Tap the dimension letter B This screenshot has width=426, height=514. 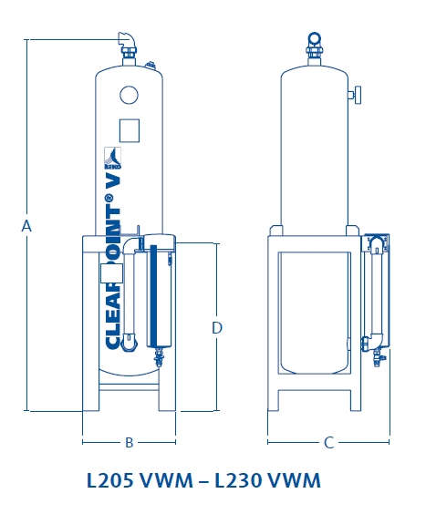tap(130, 443)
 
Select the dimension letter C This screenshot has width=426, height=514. tap(328, 443)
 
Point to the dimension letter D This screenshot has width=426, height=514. tap(217, 327)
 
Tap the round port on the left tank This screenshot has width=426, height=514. tap(129, 94)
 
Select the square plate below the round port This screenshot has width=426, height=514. tap(130, 129)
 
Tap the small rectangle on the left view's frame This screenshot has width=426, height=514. tap(108, 272)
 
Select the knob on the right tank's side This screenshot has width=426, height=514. tap(357, 94)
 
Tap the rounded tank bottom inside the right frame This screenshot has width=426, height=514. tap(315, 365)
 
